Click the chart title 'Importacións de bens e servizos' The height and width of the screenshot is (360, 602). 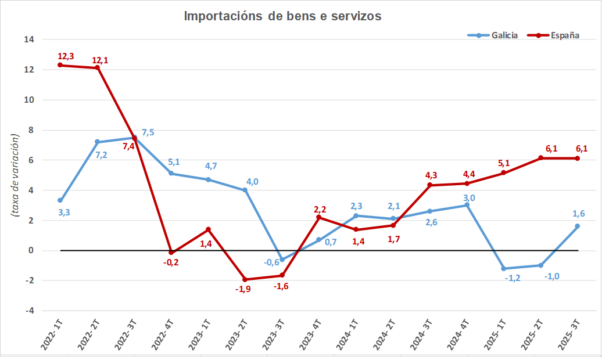pos(282,16)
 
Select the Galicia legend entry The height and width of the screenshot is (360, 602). pos(493,35)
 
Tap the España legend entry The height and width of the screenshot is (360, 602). pos(553,35)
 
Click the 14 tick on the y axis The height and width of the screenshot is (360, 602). pos(28,39)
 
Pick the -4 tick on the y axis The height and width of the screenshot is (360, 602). pos(28,311)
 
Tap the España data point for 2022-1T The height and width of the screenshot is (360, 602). pos(60,65)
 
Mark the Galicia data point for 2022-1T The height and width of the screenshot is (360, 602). pos(60,200)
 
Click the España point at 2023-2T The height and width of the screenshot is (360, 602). pos(245,279)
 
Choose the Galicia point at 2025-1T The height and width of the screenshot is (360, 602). pos(504,269)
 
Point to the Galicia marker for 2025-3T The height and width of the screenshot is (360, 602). pos(578,226)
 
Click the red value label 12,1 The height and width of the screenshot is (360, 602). pos(100,60)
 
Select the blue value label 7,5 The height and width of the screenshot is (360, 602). pos(148,132)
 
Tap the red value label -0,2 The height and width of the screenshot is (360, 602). pos(171,263)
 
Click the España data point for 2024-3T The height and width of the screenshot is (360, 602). pos(430,185)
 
